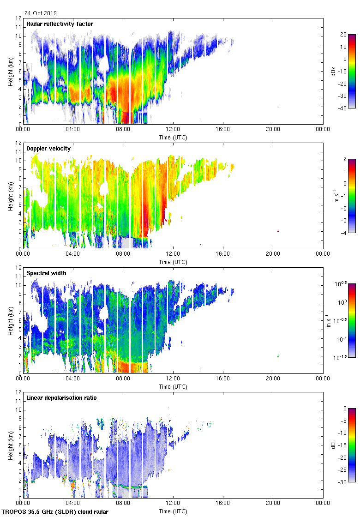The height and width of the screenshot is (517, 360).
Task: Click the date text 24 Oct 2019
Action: [41, 13]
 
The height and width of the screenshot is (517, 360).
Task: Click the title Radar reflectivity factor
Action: [60, 24]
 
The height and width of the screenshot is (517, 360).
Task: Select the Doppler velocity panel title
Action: [47, 149]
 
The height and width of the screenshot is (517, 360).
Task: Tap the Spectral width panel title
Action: [46, 273]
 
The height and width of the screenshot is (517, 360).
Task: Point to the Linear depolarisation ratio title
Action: [61, 397]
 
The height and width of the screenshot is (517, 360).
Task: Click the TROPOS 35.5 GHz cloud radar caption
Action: [55, 512]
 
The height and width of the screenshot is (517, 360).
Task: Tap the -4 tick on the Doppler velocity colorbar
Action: [343, 233]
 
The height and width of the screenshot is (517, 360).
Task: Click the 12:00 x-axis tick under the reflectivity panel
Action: [173, 130]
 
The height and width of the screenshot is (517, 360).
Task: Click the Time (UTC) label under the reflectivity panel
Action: [173, 137]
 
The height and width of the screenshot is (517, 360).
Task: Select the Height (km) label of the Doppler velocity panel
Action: [10, 196]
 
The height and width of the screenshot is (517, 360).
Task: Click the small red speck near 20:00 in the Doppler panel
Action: [278, 230]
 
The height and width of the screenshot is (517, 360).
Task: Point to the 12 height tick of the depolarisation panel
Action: [19, 392]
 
